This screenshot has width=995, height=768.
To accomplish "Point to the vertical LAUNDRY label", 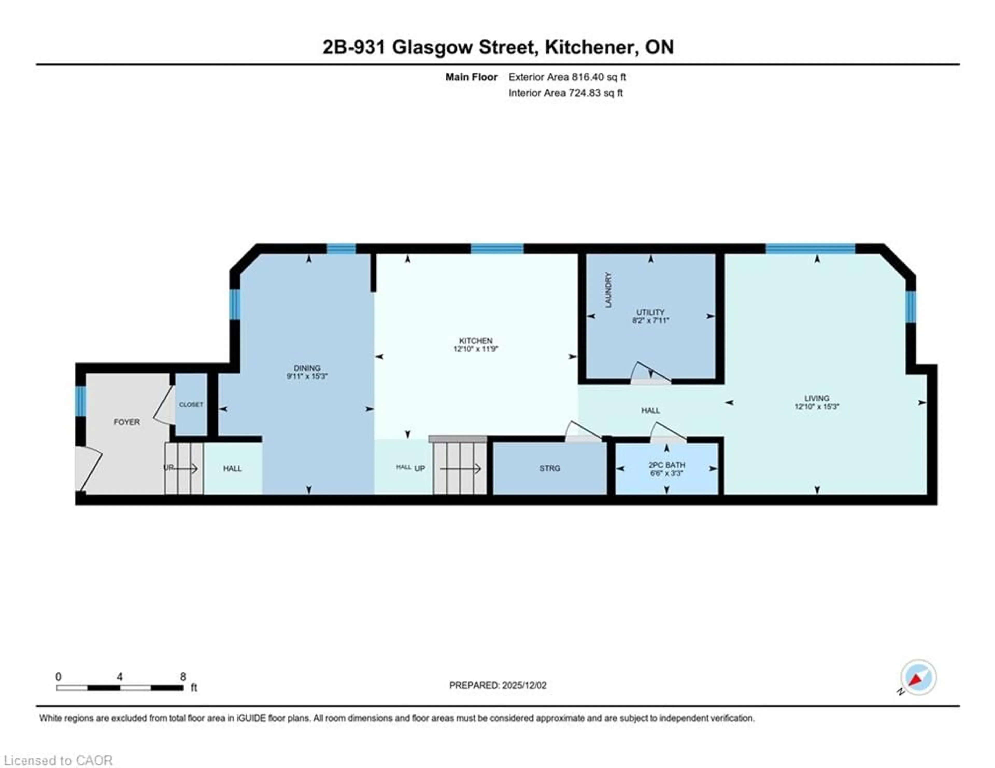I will (608, 290).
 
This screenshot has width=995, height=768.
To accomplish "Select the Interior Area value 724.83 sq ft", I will (595, 93).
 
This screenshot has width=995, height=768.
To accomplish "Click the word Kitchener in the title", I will (591, 47).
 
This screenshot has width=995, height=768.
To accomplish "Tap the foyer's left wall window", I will (80, 401).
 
